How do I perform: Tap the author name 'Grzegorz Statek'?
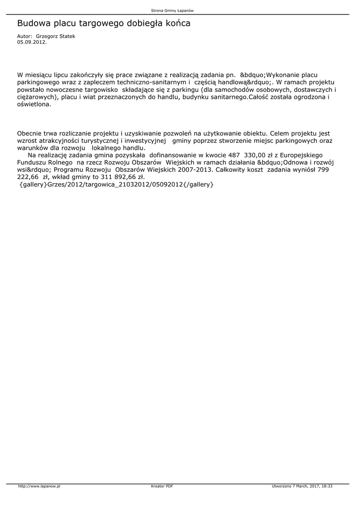click(56, 37)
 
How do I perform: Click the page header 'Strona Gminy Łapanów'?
click(179, 10)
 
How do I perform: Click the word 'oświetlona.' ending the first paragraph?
click(34, 105)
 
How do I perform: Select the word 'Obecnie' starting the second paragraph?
click(31, 133)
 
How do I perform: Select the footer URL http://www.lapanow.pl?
click(39, 486)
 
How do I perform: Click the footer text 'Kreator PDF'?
click(162, 486)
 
